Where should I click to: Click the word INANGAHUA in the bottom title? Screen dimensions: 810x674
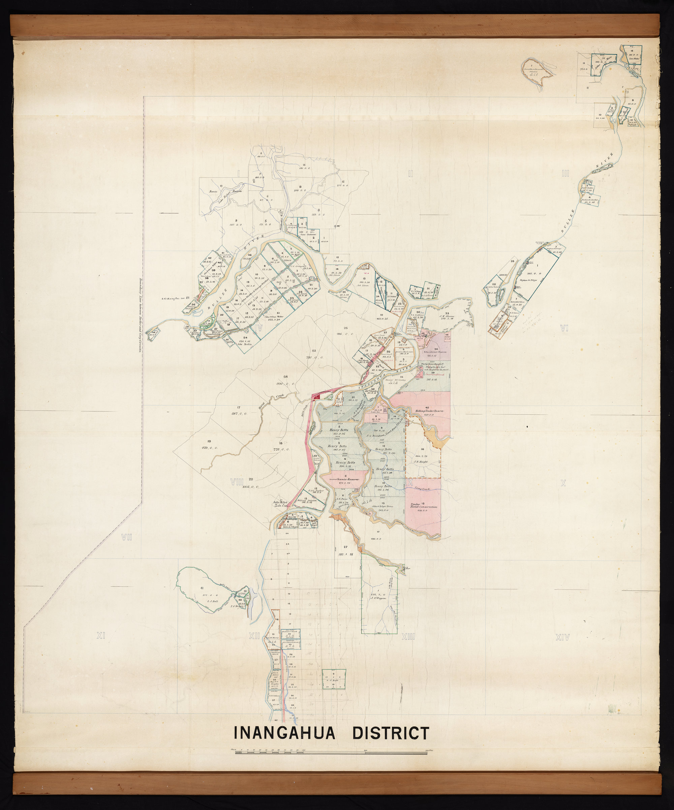pos(284,733)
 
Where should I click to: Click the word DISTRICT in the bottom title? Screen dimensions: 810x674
pos(391,733)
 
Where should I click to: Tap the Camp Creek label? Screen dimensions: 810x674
pos(422,489)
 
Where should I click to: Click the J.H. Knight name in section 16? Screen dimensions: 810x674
pos(421,461)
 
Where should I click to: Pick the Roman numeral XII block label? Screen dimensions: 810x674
pos(254,636)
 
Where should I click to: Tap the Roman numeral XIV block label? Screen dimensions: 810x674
pos(562,638)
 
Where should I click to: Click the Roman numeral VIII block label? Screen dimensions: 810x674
pos(236,481)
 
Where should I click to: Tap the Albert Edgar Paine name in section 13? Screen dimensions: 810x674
pos(382,506)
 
